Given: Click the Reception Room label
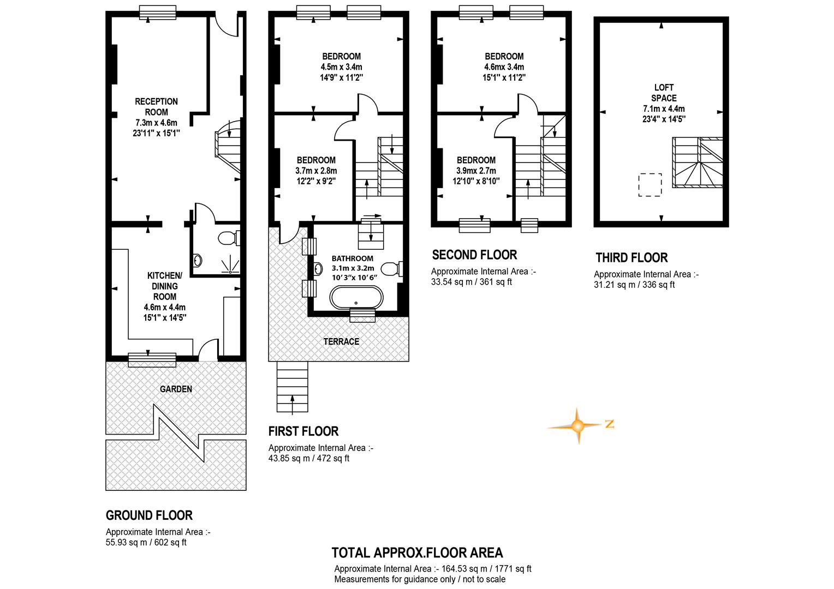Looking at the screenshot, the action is point(156,107).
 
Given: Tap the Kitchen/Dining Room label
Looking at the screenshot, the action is point(165,286).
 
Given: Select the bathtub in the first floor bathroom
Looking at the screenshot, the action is point(356,297).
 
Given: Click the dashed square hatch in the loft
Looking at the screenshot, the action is point(650,184).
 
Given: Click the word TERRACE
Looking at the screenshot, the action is point(341,341).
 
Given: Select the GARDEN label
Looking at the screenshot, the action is point(176,389).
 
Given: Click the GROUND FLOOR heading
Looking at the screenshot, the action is point(149,515).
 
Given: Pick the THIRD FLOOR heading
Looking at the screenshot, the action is point(632,257).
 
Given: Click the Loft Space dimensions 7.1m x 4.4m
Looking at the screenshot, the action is point(664,109).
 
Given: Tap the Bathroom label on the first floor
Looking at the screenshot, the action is point(353,258).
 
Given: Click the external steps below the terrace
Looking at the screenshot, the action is point(292,387).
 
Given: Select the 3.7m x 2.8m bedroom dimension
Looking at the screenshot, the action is point(316,171).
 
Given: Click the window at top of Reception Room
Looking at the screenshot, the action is point(158,13).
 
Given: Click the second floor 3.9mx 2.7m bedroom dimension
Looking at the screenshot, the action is point(476,171).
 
